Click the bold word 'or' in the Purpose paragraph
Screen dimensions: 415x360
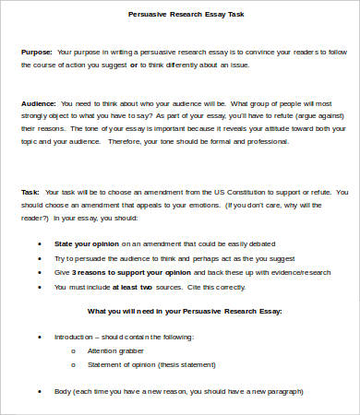click(x=135, y=66)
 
